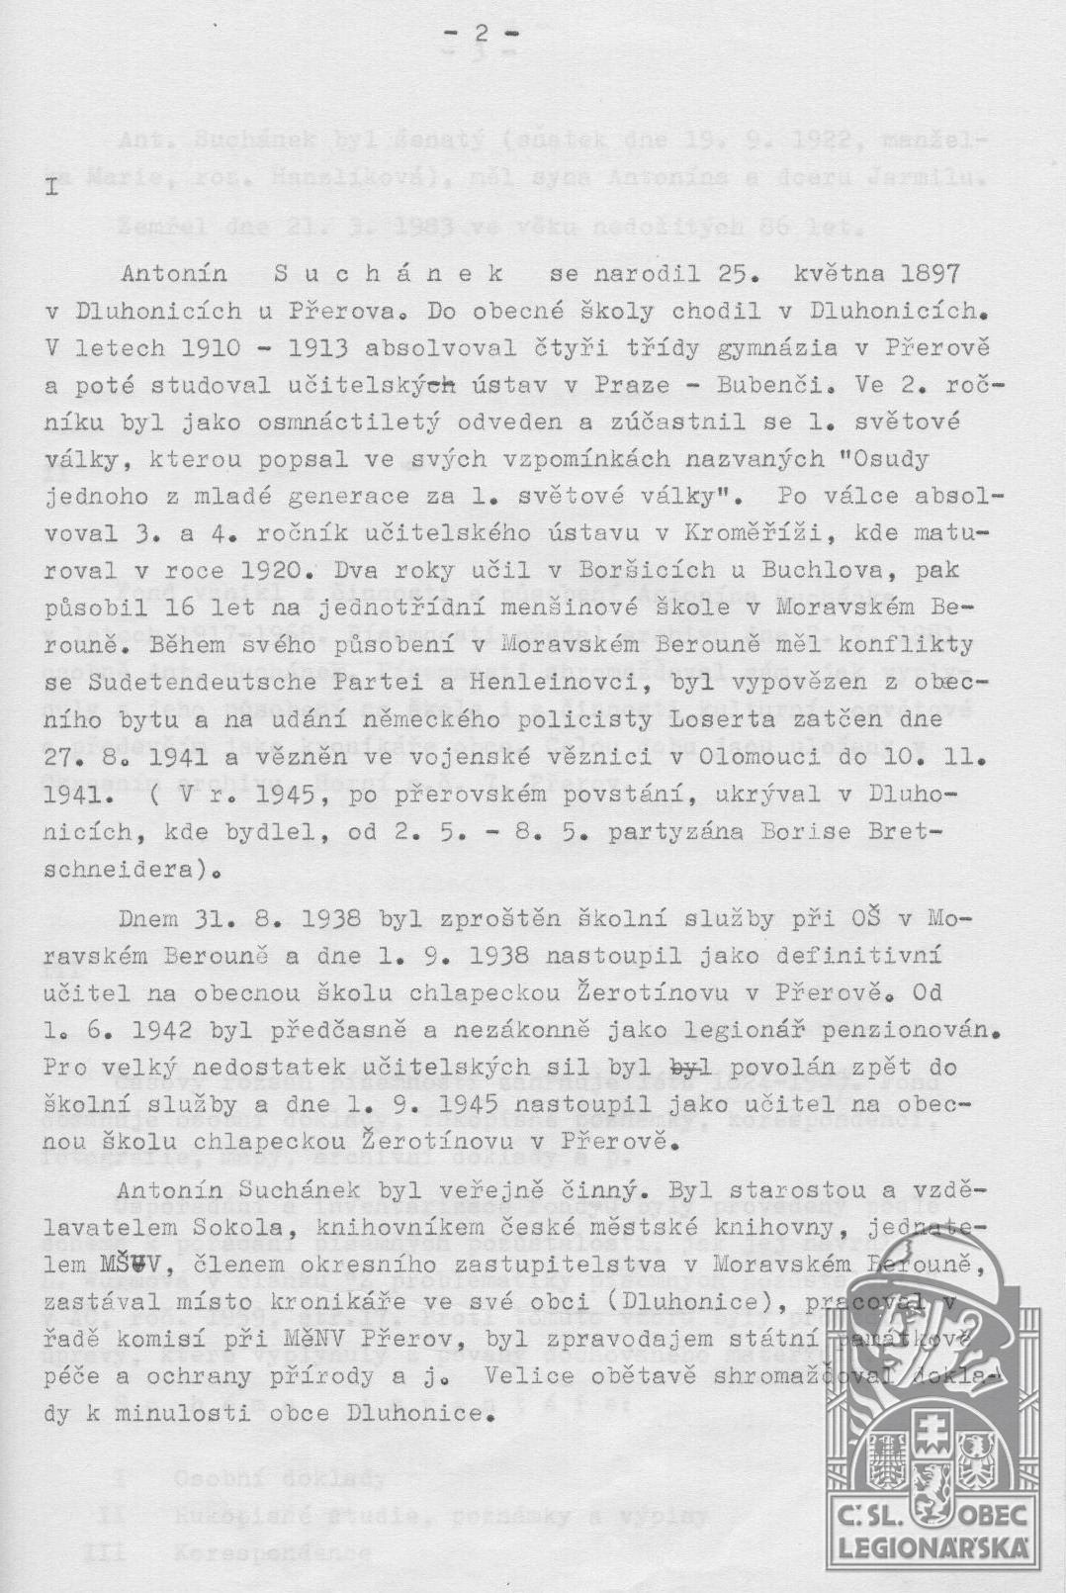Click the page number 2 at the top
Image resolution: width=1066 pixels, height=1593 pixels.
[x=481, y=33]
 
